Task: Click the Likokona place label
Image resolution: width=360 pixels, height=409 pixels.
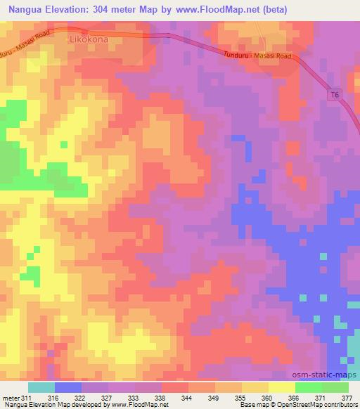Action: pyautogui.click(x=89, y=40)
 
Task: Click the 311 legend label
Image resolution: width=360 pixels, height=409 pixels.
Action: pyautogui.click(x=27, y=398)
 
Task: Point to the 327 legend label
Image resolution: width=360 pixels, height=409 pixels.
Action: pyautogui.click(x=107, y=398)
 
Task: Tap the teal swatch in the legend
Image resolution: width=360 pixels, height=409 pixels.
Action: pyautogui.click(x=41, y=387)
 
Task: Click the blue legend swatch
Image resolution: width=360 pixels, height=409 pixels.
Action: pyautogui.click(x=68, y=387)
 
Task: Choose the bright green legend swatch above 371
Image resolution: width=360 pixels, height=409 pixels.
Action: pyautogui.click(x=309, y=387)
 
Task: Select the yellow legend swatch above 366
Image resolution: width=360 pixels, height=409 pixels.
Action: pyautogui.click(x=282, y=387)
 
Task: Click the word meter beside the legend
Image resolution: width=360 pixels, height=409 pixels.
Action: pyautogui.click(x=10, y=398)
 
